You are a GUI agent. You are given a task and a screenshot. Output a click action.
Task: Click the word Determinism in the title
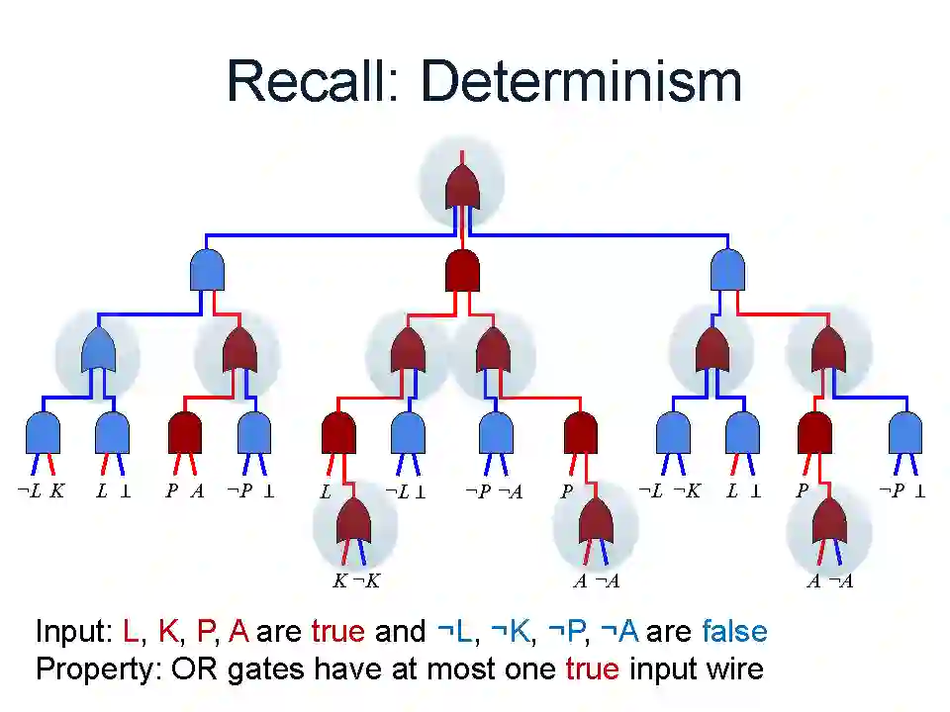pos(582,81)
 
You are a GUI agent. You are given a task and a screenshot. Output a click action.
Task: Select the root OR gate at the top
pos(463,187)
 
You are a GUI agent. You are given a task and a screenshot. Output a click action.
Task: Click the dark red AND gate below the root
pos(463,270)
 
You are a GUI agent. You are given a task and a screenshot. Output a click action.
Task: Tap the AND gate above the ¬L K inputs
pos(43,432)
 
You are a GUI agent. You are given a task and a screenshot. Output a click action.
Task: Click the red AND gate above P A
pos(185,432)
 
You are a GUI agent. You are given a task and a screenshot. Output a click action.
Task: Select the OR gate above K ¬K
pos(355,521)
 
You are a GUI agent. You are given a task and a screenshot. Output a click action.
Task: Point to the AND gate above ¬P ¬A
pos(496,432)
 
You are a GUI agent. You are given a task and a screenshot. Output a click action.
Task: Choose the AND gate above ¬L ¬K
pos(673,432)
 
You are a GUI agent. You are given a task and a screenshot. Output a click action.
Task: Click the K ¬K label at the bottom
pos(356,581)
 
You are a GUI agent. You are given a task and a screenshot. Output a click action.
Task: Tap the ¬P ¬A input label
pos(494,491)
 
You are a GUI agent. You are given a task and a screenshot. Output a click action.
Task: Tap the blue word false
pos(734,632)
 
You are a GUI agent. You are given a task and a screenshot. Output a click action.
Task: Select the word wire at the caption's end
pos(730,669)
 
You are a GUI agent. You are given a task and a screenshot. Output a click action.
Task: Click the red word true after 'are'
pos(337,632)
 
